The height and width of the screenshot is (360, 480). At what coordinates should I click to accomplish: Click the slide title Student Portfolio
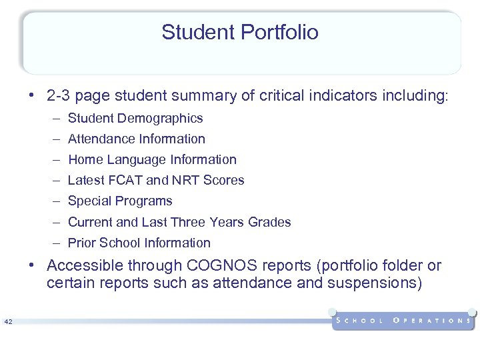tap(240, 32)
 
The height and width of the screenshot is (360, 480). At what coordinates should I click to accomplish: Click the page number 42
tap(8, 322)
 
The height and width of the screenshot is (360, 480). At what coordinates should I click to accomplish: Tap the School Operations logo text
tap(403, 321)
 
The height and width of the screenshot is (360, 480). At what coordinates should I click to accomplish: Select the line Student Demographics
tap(135, 118)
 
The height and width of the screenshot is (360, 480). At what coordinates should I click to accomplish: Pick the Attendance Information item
tap(137, 139)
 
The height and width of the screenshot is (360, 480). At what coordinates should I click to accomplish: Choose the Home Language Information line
tap(152, 159)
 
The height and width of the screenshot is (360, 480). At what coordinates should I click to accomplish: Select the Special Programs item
tap(120, 201)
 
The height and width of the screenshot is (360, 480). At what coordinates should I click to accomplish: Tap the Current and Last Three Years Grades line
tap(179, 222)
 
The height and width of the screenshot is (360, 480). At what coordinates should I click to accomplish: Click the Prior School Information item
tap(139, 243)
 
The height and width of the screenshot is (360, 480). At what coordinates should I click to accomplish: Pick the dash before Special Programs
tap(58, 201)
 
